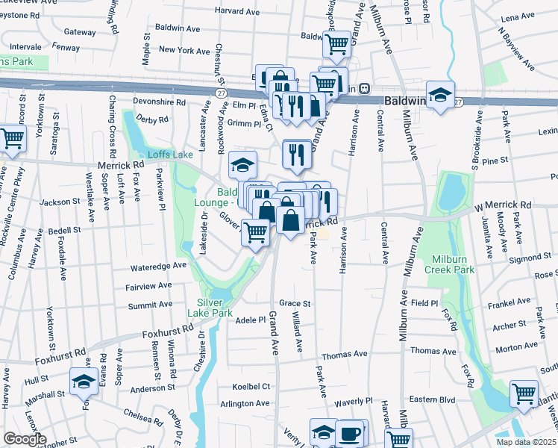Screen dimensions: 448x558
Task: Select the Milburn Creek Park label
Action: point(453,264)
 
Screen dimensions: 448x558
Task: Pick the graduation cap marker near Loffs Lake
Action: point(243,164)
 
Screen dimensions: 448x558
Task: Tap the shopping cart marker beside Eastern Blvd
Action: point(524,392)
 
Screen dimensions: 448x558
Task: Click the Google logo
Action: point(25,439)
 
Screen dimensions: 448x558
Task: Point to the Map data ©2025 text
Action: point(526,442)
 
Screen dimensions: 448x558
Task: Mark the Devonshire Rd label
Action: point(159,101)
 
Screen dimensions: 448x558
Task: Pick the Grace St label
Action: point(295,304)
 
